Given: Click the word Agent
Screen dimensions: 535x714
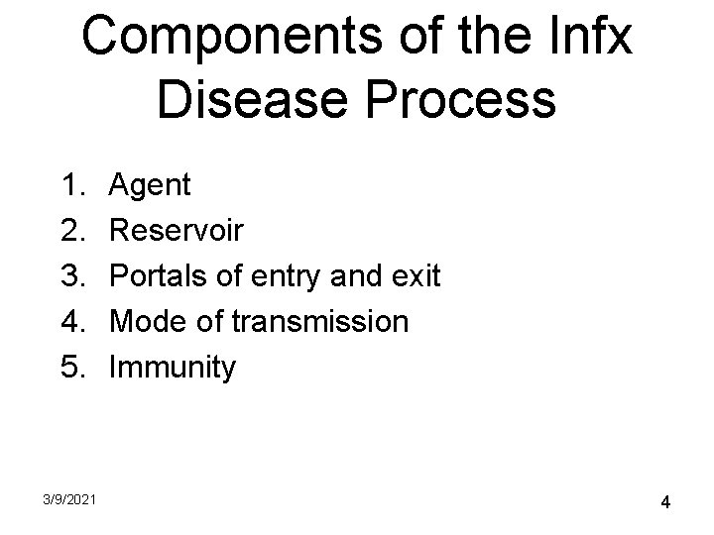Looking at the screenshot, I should coord(151,185).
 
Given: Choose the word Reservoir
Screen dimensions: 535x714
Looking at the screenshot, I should coord(176,230).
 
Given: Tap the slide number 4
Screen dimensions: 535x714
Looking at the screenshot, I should coord(665,503).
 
